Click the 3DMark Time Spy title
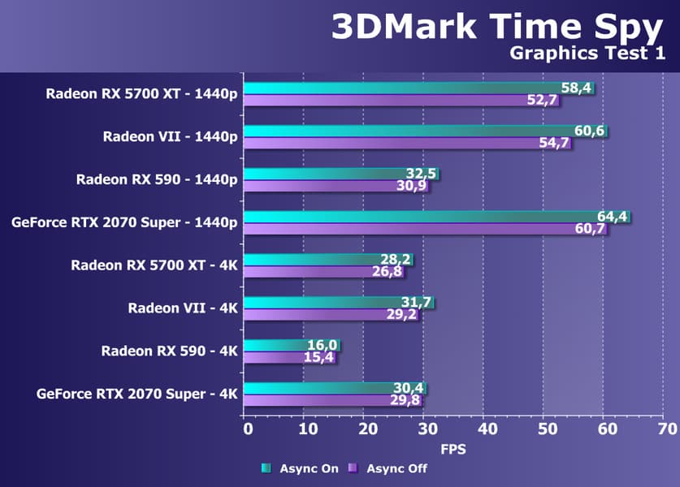pos(496,27)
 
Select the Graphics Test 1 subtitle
pos(587,54)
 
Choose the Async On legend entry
pos(298,468)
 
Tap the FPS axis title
pos(453,448)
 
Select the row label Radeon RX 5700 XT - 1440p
pos(142,93)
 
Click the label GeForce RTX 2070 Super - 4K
pos(137,394)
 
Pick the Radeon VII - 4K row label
pos(183,308)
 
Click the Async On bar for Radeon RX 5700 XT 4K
pos(309,260)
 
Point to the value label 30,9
pos(411,187)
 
